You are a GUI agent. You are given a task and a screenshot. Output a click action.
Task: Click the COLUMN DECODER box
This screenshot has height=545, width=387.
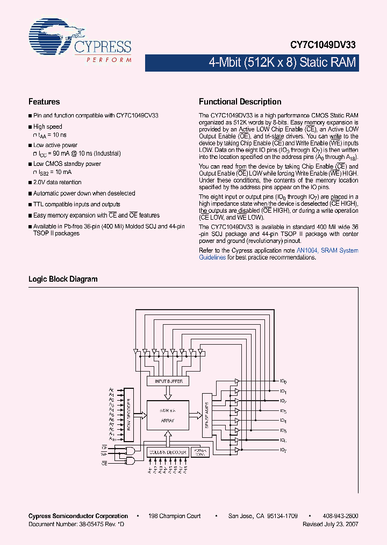pos(167,452)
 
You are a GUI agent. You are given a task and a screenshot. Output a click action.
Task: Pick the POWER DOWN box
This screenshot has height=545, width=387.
pos(200,452)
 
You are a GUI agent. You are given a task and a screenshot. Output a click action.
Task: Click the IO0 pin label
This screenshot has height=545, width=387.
pos(283,381)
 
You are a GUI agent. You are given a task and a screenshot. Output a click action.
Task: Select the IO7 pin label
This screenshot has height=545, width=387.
pos(283,450)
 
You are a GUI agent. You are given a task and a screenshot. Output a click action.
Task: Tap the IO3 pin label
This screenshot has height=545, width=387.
pos(283,411)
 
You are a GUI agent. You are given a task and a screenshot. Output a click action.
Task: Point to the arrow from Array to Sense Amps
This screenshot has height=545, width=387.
pos(194,415)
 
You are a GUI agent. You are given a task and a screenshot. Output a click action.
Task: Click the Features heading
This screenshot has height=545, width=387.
pos(44,102)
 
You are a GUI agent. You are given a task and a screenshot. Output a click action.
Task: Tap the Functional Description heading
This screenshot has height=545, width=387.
pos(240,102)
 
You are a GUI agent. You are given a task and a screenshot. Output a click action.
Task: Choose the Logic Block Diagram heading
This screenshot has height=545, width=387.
pos(63,279)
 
